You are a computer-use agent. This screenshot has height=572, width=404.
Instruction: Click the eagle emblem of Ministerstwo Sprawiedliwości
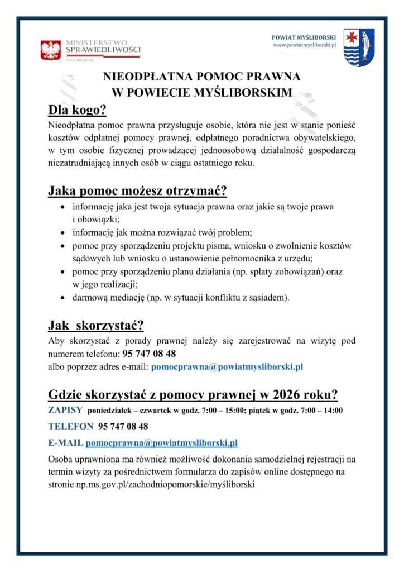(51, 50)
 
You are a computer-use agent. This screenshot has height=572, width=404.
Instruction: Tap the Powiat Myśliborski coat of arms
(359, 48)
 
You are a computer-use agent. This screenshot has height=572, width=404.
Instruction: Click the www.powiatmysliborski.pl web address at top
(304, 45)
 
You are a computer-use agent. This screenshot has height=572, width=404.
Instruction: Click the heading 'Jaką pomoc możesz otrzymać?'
(137, 192)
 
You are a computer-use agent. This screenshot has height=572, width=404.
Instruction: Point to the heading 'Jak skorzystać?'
(96, 325)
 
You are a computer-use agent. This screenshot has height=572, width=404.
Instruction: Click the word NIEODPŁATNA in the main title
(146, 77)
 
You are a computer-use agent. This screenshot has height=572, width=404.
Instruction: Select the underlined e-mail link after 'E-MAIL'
(162, 443)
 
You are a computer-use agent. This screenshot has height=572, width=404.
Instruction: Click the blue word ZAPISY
(66, 411)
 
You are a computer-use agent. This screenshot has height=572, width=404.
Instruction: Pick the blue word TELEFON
(71, 426)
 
